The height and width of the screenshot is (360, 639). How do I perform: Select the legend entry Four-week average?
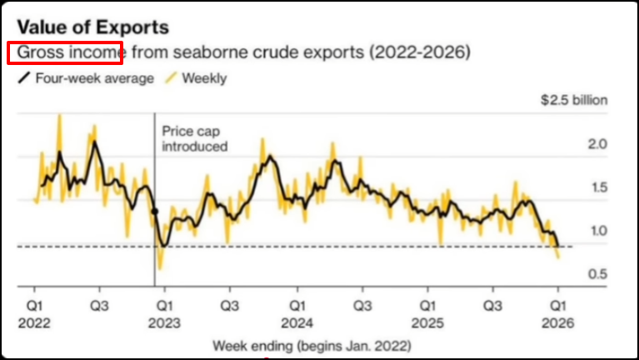(83, 78)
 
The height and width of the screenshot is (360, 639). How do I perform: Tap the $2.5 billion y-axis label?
(574, 101)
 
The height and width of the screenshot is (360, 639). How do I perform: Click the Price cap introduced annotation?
(194, 138)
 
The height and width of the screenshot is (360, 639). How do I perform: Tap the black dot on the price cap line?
(155, 212)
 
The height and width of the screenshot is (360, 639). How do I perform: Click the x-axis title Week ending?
(311, 345)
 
